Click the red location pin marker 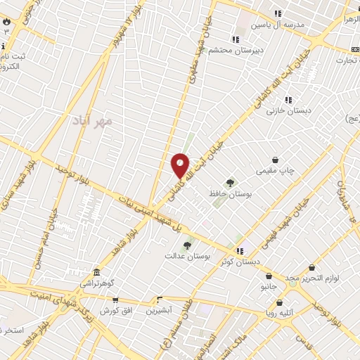click(x=181, y=166)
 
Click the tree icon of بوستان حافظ click(x=230, y=183)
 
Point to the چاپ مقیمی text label click(x=276, y=170)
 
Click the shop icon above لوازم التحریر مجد click(x=311, y=268)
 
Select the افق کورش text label click(x=114, y=310)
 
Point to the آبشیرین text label click(x=158, y=310)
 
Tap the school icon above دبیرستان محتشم click(x=236, y=40)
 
